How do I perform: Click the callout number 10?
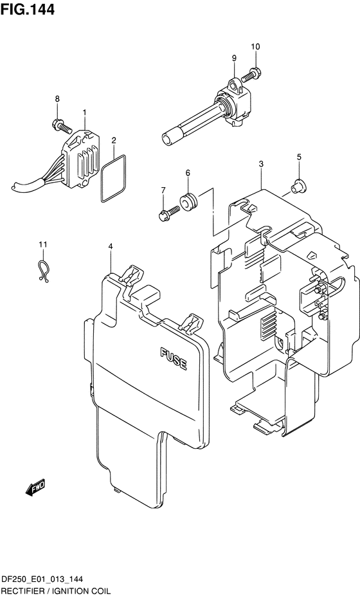tap(255, 46)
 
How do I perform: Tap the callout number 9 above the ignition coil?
tap(234, 58)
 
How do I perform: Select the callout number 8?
tap(57, 99)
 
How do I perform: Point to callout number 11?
tap(43, 244)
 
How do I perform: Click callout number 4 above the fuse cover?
tap(111, 246)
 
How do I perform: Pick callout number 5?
tap(299, 157)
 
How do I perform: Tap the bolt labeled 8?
tap(61, 126)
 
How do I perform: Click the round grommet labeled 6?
tap(189, 201)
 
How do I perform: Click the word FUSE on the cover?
tap(174, 359)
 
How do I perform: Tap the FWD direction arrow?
tap(35, 487)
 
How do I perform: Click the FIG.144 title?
tap(28, 9)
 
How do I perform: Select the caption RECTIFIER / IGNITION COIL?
tap(56, 591)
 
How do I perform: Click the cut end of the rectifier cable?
tap(14, 186)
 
